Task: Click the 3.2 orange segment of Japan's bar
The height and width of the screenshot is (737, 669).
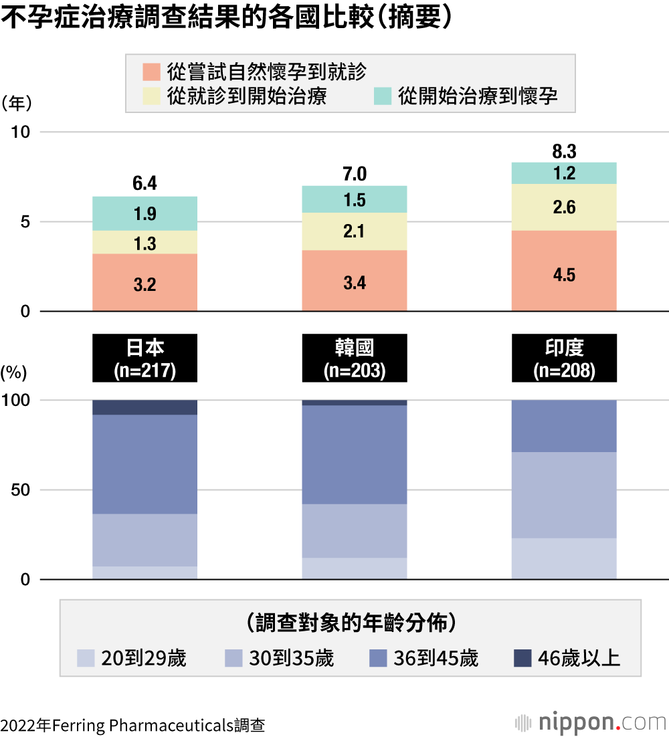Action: coord(145,283)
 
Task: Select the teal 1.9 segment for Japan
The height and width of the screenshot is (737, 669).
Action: coord(145,214)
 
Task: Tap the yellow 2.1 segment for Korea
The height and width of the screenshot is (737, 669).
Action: coord(355,231)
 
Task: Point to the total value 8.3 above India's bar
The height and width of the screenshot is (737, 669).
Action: coord(564,151)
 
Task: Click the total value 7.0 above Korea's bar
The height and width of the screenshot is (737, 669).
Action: coord(355,175)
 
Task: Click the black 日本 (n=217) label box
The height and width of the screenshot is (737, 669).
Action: coord(145,358)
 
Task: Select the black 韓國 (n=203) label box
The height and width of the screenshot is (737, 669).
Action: coord(355,358)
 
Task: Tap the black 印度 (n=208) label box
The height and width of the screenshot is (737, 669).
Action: coord(564,358)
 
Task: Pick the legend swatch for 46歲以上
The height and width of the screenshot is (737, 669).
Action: coord(522,658)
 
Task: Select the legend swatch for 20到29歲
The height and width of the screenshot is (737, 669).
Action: coord(86,658)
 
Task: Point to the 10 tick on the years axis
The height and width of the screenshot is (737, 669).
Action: coord(22,132)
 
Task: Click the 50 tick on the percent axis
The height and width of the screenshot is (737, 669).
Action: coord(22,490)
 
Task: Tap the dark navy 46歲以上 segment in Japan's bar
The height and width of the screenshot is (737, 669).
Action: coord(145,407)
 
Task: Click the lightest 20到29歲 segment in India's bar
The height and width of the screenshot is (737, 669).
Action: coord(564,558)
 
